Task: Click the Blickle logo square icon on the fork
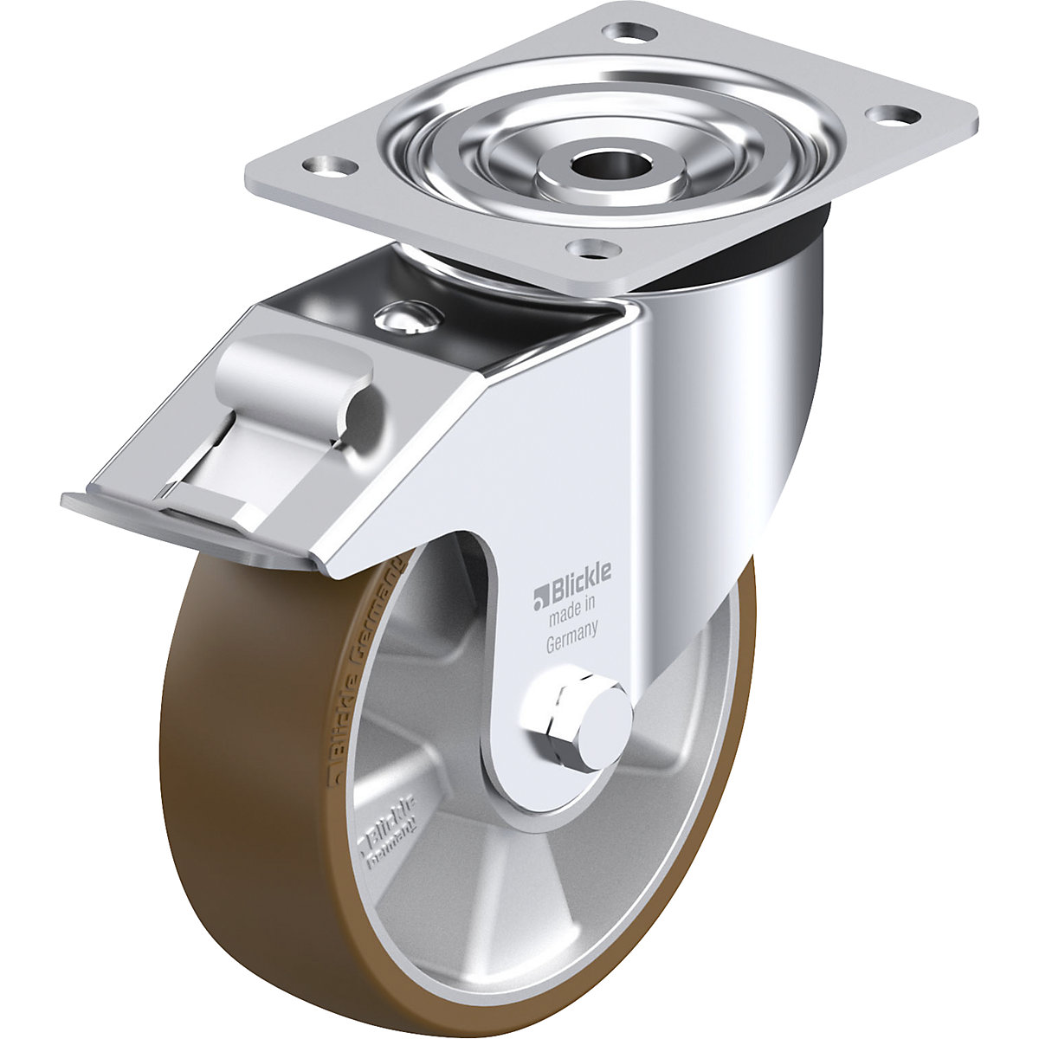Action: (541, 594)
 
